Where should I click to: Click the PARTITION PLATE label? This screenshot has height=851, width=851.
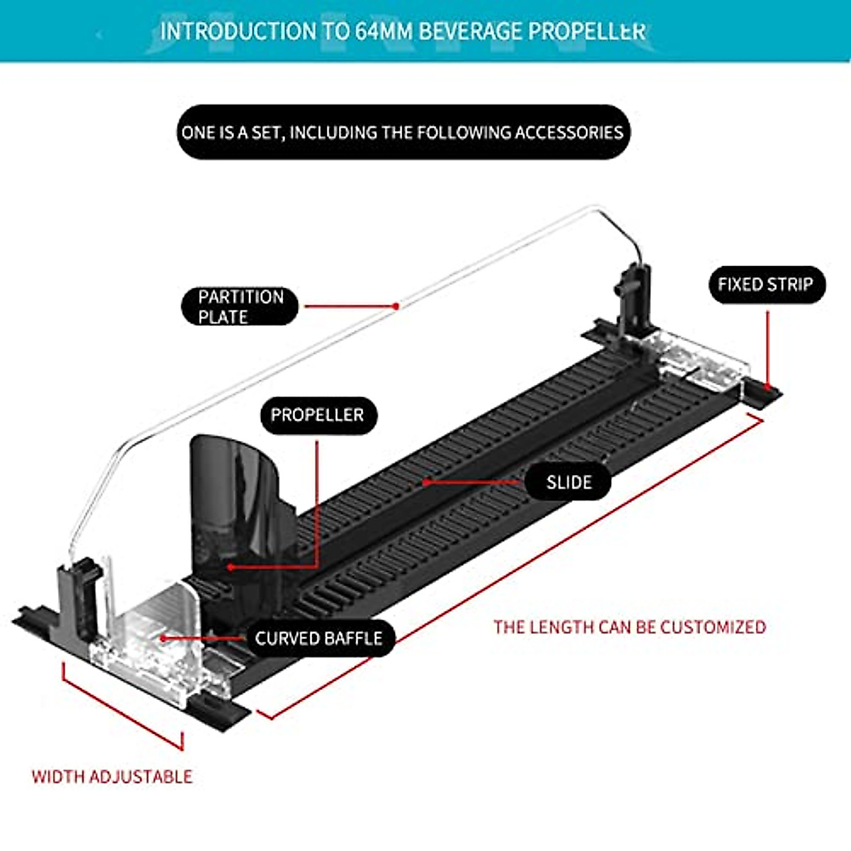pos(240,306)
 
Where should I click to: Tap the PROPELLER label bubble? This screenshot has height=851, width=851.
pos(318,415)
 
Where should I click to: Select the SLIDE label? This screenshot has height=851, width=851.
pos(568,482)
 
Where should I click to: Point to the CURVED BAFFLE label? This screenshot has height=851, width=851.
pos(319,638)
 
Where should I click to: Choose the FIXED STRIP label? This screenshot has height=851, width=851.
pos(767,285)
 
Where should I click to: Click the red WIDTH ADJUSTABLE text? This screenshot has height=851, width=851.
pos(112,777)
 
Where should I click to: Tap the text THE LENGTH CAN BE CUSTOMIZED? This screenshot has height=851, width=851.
pos(630,627)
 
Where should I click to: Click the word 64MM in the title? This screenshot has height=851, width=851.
pos(382,32)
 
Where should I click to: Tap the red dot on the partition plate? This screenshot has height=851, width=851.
pos(396,306)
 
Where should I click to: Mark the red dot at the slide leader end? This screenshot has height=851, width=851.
pos(425,482)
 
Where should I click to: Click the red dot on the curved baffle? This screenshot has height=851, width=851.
pos(163,638)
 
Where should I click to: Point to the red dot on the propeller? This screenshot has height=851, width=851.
pos(230,567)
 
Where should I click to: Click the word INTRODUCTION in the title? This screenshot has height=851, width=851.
pos(238,32)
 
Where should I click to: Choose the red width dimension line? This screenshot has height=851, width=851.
pos(123,706)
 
